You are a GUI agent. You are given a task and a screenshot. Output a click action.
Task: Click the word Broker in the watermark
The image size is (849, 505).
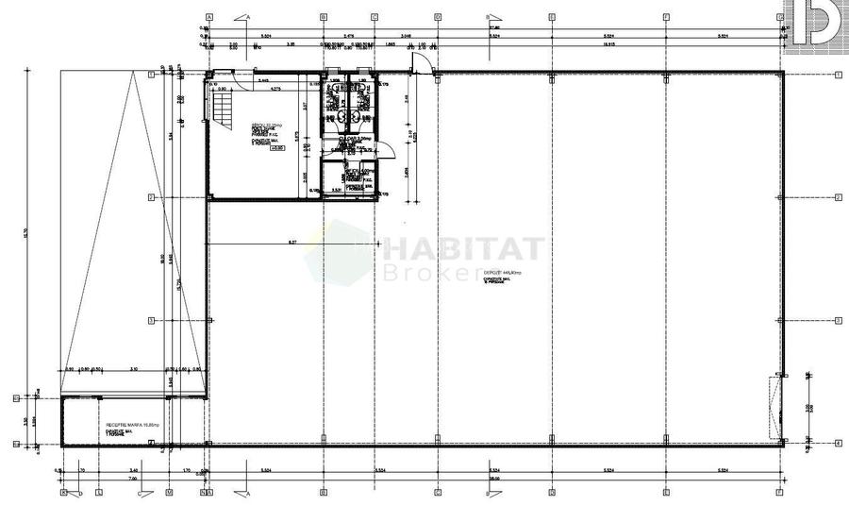[x=429, y=273]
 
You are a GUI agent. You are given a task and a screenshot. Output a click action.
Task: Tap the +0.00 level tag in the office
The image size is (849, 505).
[x=276, y=147]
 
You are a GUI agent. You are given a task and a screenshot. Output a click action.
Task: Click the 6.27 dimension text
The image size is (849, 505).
[x=292, y=243]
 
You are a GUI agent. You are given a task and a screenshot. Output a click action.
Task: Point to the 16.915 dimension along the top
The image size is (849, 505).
[x=609, y=43]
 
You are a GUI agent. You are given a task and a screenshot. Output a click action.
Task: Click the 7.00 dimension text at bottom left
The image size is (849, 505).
[x=134, y=477]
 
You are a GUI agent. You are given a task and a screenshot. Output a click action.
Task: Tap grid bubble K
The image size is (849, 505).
[x=64, y=493]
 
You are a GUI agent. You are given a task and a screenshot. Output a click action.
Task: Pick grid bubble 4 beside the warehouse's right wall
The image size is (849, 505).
[x=838, y=443]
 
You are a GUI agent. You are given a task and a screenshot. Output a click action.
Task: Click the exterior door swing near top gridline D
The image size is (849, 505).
[x=424, y=61]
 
